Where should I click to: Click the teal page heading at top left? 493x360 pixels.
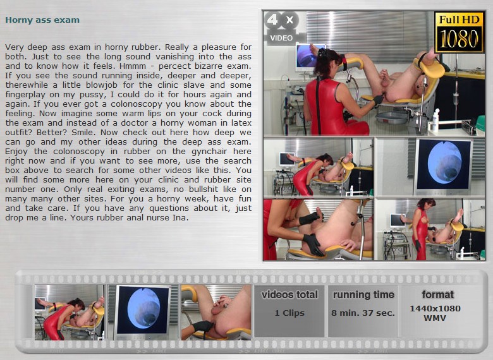(42, 20)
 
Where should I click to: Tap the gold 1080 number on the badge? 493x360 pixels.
(459, 39)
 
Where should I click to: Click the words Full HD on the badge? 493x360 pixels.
(459, 20)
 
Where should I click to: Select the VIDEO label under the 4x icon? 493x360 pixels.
(281, 38)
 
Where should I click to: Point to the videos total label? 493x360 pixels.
(289, 295)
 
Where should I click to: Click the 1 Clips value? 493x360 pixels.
(289, 313)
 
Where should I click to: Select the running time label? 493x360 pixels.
(363, 295)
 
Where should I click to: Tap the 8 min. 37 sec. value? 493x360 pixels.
(363, 313)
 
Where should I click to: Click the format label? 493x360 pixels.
(437, 295)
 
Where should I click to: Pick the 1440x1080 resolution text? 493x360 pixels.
(435, 308)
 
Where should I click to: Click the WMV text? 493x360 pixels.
(435, 318)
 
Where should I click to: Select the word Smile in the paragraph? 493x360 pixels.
(83, 132)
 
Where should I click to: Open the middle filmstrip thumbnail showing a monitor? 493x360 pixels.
(143, 312)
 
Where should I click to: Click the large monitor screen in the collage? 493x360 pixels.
(444, 167)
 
